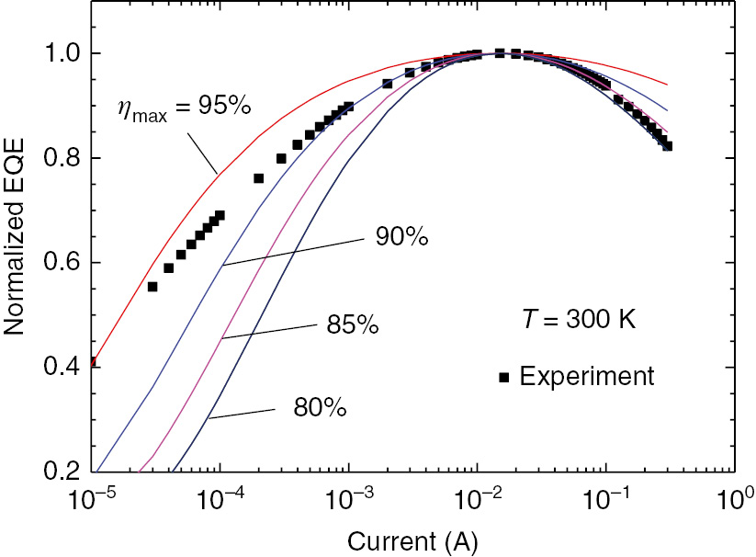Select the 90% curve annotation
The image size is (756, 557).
pyautogui.click(x=401, y=237)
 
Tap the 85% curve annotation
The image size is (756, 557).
pyautogui.click(x=353, y=326)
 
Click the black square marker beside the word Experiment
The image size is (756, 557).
pyautogui.click(x=503, y=377)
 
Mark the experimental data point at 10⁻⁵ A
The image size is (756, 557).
pyautogui.click(x=92, y=362)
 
